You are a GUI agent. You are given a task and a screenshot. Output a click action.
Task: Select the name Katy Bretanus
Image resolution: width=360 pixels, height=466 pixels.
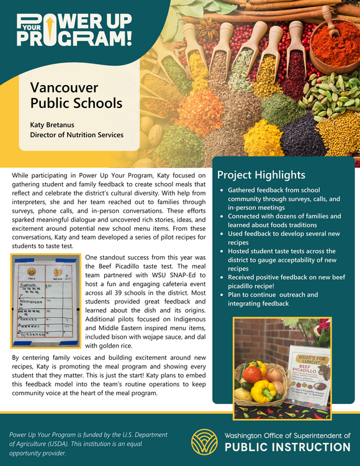(56, 125)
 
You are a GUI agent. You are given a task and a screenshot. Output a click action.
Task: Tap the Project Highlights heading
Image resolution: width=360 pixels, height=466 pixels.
(261, 175)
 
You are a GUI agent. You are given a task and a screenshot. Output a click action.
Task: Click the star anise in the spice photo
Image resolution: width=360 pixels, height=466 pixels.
(206, 29)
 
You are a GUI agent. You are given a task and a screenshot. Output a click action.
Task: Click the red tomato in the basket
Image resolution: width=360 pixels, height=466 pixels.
(253, 374)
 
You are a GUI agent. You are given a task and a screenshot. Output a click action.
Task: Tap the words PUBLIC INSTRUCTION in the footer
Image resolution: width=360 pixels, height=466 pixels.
(287, 447)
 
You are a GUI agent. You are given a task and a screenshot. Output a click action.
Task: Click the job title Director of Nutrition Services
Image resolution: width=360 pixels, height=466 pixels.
(77, 135)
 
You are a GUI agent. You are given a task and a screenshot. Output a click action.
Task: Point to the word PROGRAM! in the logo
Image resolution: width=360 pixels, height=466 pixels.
(74, 38)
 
